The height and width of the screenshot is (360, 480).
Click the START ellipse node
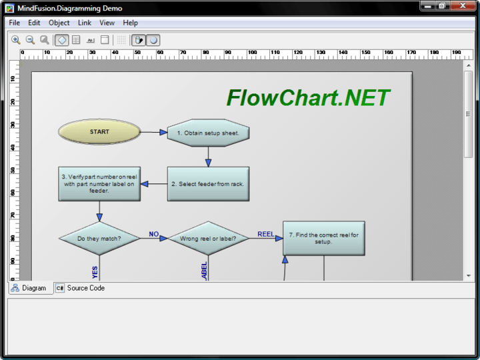coord(99,132)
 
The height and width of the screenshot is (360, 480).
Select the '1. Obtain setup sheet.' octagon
coord(208,133)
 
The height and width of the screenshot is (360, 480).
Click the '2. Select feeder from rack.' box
coord(208,184)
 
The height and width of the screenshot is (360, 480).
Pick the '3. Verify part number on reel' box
coord(99,184)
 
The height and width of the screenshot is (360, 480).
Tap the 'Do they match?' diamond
coord(99,238)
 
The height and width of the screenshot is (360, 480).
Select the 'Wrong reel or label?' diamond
coord(208,238)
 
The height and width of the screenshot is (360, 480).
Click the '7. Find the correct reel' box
coord(324,238)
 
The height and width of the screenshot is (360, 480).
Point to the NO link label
coord(154,234)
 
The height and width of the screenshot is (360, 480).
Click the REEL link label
coord(266,234)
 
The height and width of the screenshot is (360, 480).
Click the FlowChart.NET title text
coord(308,98)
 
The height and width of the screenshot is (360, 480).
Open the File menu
coord(15,23)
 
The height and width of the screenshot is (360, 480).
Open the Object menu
coord(59,23)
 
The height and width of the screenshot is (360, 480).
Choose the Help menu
coord(131,23)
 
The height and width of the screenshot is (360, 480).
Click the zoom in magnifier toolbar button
coord(16,40)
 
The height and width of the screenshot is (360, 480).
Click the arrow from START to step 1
coord(154,132)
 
